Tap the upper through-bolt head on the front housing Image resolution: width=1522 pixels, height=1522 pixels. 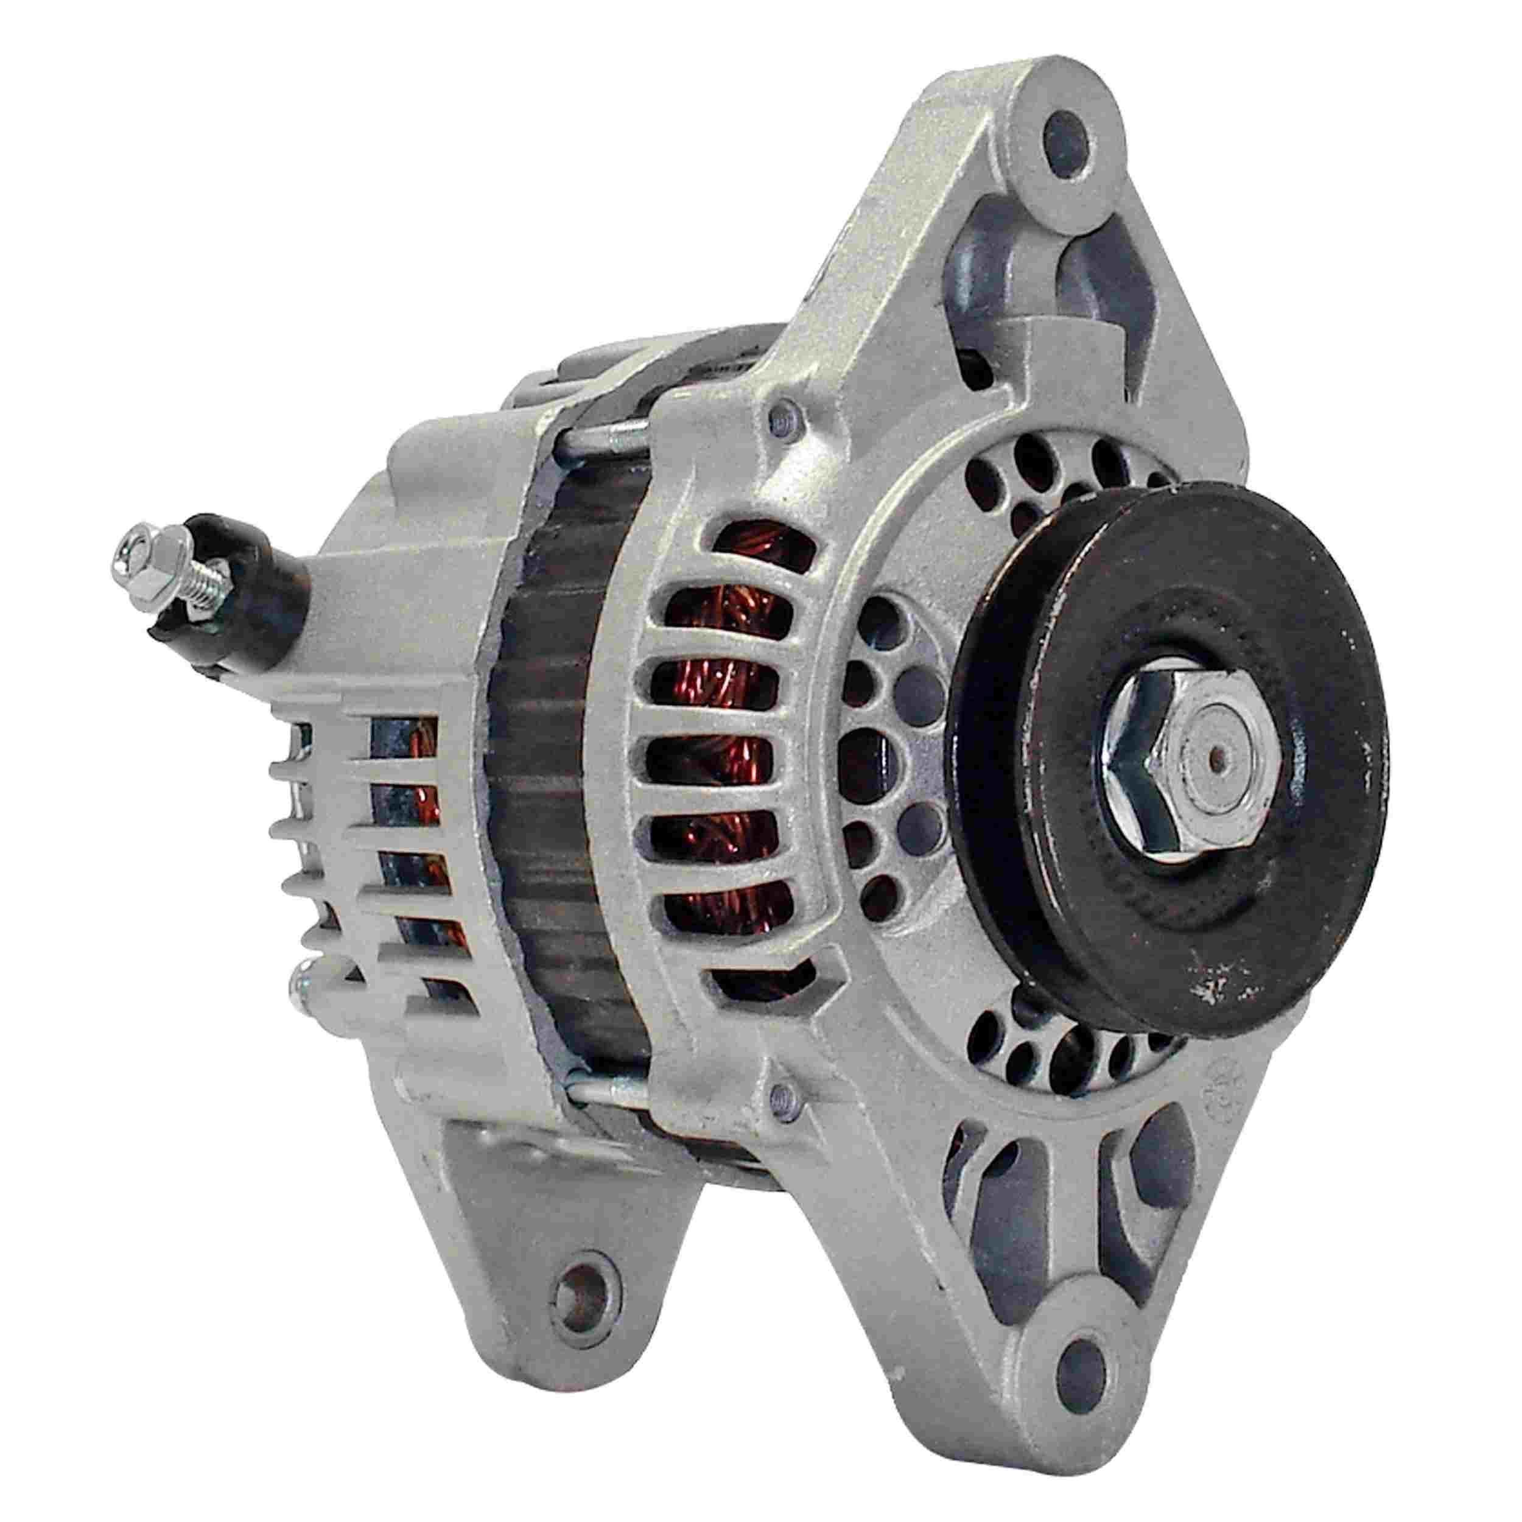coord(779,426)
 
